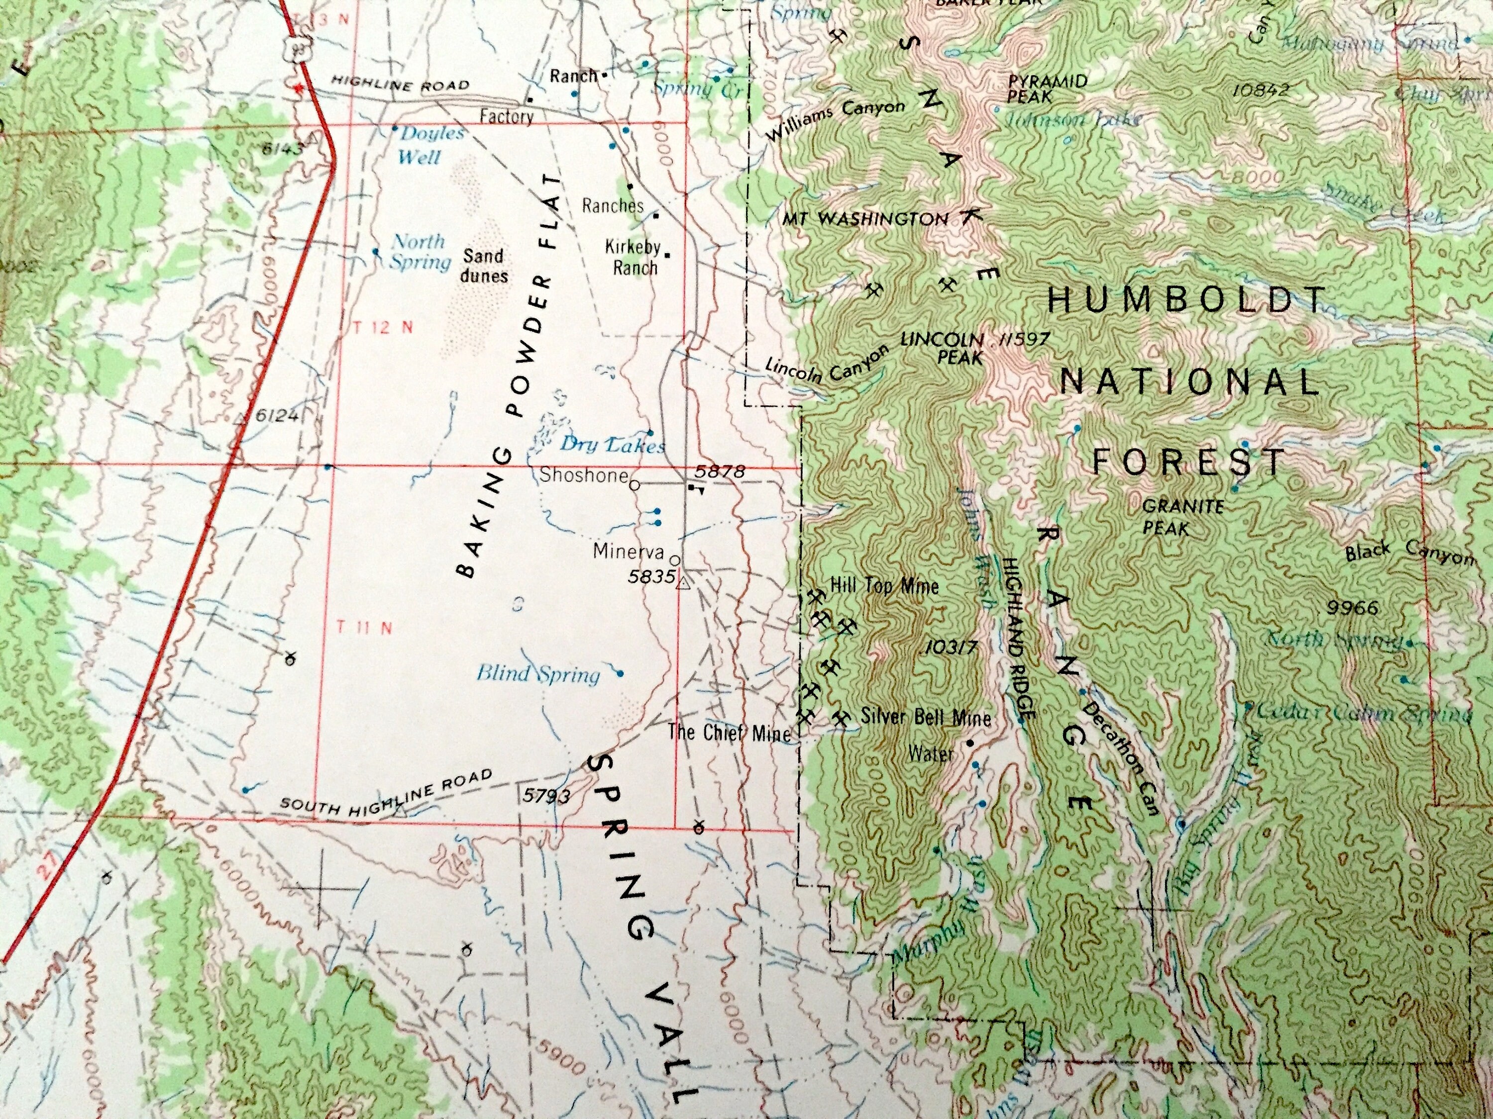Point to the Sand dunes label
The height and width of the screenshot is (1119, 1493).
pos(484,266)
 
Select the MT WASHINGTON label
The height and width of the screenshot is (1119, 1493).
pos(865,218)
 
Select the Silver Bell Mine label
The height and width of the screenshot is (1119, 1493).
pos(926,717)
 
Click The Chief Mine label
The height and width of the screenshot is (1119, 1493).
pos(729,733)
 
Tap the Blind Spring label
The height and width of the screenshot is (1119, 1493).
pos(538,674)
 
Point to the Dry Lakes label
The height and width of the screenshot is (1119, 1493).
pos(613,445)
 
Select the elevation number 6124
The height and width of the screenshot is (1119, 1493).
pos(277,415)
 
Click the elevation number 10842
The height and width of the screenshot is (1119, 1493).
pos(1260,89)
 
